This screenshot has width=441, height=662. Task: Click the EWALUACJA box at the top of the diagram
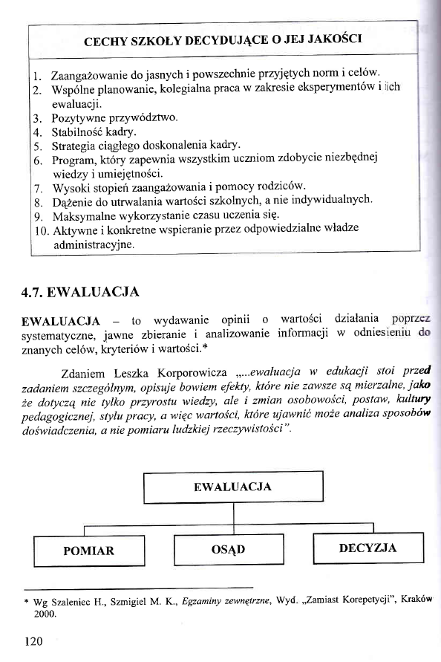(232, 487)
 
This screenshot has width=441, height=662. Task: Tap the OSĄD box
(229, 550)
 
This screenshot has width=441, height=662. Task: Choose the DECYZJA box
(367, 548)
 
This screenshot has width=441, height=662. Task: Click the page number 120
(33, 640)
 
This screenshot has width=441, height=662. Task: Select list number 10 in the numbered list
(41, 230)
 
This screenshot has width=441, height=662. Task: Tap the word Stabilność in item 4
(78, 132)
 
